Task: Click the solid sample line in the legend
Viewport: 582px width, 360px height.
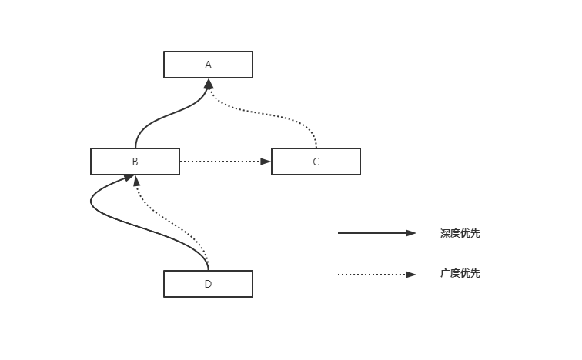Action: coord(370,233)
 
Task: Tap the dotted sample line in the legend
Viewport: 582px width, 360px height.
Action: coord(370,274)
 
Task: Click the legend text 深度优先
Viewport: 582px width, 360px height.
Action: coord(460,233)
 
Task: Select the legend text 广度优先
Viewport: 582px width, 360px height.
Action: coord(460,274)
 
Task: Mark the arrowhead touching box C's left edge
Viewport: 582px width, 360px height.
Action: coord(266,162)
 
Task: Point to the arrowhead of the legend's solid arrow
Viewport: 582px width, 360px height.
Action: coord(411,233)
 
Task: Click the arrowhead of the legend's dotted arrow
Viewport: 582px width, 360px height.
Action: coord(411,274)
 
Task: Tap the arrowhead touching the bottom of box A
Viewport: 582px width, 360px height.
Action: coord(208,83)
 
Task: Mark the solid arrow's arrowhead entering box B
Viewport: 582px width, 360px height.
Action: coord(128,178)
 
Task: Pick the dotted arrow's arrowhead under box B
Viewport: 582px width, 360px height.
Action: coord(136,180)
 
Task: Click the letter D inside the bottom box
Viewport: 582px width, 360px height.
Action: coord(208,284)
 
